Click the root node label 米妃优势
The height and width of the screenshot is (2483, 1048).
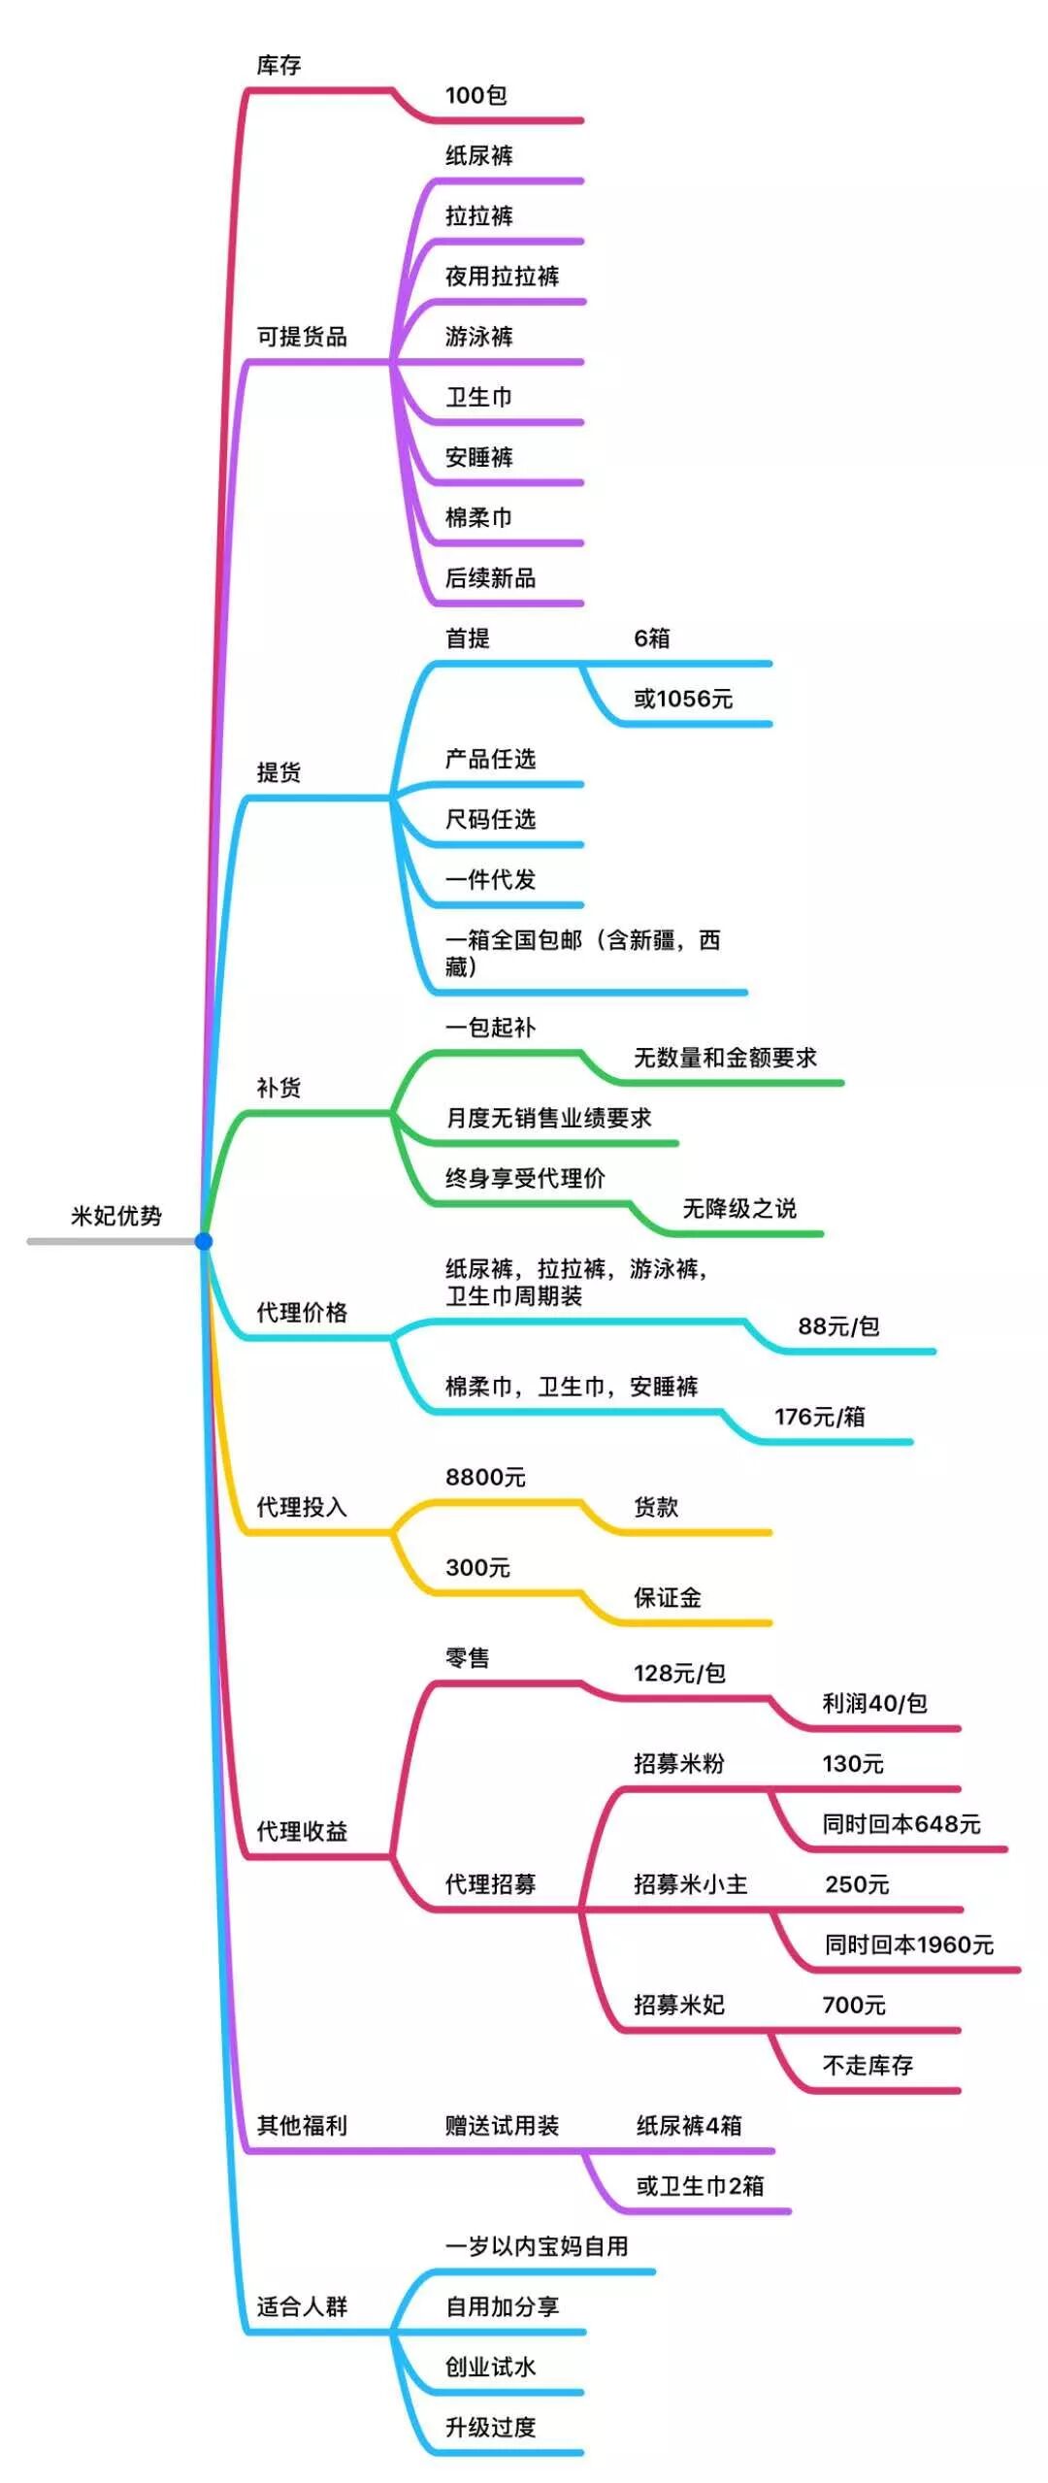[115, 1216]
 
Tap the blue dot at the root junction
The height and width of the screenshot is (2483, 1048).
[203, 1241]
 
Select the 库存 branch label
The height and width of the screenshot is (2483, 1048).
[278, 65]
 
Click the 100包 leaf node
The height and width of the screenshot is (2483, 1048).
[475, 95]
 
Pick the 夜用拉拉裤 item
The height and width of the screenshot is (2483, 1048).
[502, 277]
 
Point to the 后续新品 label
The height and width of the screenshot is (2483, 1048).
[490, 578]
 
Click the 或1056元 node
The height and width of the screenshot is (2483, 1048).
[683, 699]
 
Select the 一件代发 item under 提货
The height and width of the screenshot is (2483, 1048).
[490, 880]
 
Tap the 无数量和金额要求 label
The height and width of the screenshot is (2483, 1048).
[725, 1058]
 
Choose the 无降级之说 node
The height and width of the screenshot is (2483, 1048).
[739, 1208]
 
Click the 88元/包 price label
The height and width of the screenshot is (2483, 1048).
[838, 1326]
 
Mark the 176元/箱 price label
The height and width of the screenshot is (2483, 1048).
[819, 1417]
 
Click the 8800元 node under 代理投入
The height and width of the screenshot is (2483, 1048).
[485, 1477]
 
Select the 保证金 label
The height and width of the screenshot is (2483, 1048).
[668, 1598]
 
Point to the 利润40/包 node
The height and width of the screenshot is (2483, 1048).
[874, 1703]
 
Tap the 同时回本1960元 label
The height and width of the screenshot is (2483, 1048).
[909, 1944]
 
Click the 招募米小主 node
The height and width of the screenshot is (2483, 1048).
[691, 1884]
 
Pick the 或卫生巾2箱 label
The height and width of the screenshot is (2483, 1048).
[700, 2186]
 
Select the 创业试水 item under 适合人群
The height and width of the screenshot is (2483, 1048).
[490, 2368]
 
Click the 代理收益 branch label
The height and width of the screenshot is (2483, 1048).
[302, 1831]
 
